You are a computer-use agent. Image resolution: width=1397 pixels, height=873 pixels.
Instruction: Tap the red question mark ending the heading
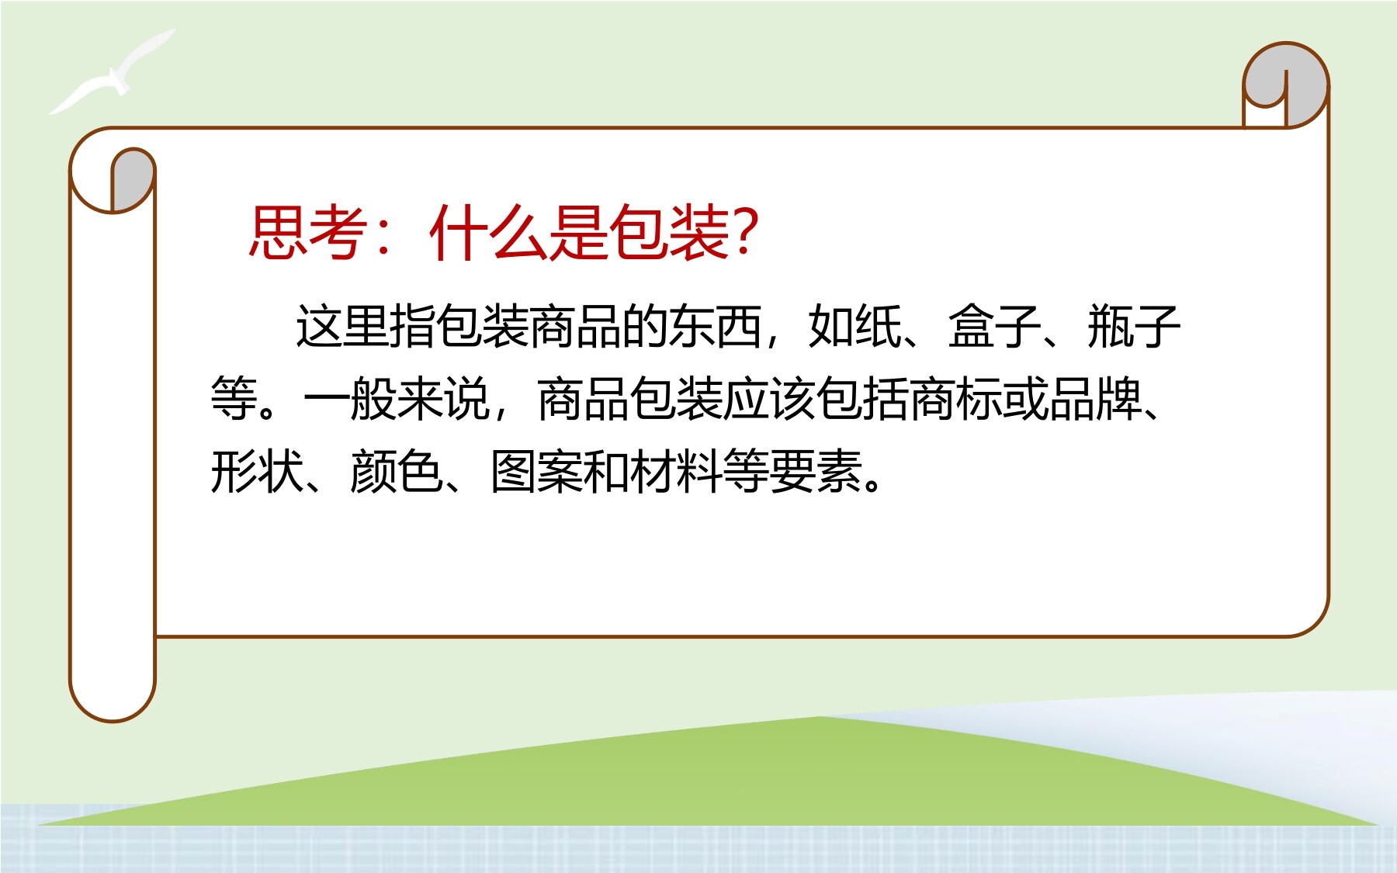(x=744, y=231)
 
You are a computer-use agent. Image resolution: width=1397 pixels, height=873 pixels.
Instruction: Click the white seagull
(x=112, y=72)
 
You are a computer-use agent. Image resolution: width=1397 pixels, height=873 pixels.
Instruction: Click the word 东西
(x=715, y=326)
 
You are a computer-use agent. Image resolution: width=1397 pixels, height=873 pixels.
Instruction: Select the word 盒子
(x=994, y=326)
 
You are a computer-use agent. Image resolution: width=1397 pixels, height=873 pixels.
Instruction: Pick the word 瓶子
(x=1134, y=326)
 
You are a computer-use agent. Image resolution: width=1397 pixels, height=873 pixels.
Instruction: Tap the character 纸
(x=878, y=326)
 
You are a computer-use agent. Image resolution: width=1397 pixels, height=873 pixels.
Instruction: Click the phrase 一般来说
(x=397, y=399)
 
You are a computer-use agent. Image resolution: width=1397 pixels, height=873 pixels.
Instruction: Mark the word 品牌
(x=1095, y=399)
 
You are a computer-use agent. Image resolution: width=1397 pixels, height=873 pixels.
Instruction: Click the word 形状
(x=257, y=471)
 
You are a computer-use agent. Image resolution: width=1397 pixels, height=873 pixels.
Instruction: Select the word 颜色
(x=397, y=471)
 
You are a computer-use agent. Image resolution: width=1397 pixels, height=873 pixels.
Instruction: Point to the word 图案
(x=536, y=471)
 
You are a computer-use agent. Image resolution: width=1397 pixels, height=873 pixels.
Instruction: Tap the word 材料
(x=676, y=471)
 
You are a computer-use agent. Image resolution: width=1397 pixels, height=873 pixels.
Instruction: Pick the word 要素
(x=816, y=471)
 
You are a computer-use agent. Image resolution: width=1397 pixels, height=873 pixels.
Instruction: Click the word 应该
(x=769, y=399)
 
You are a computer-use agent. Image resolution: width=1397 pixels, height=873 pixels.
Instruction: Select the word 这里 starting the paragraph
(x=342, y=326)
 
